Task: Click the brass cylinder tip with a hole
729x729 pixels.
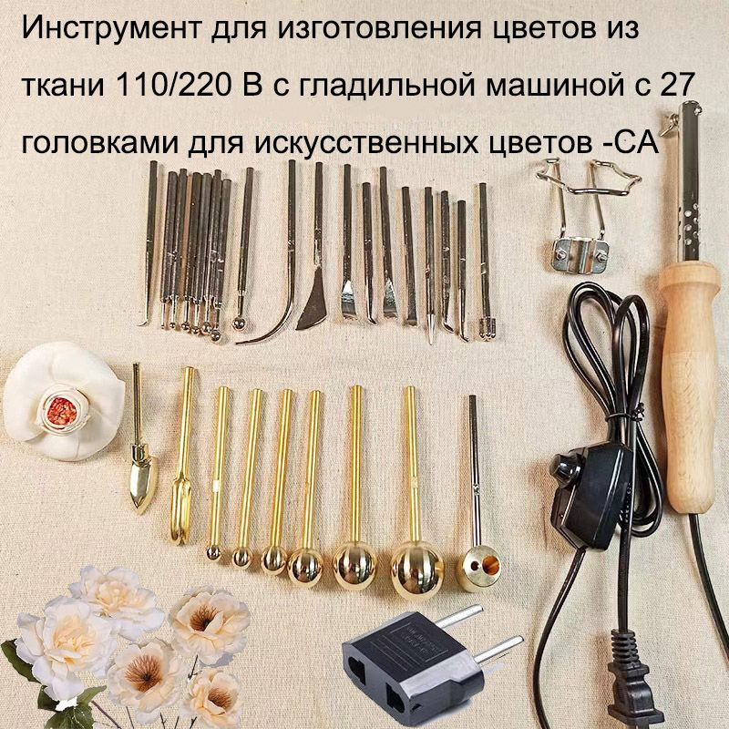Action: coord(476,566)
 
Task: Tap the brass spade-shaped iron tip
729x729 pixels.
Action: coord(141,480)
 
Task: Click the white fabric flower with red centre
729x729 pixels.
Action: coord(64,401)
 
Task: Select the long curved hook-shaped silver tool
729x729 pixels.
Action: coord(273,310)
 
